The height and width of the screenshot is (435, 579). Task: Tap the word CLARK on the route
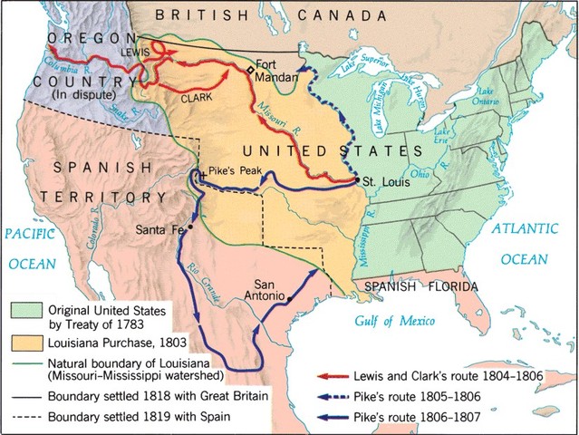coord(197,96)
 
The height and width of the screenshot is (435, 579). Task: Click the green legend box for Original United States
coord(22,309)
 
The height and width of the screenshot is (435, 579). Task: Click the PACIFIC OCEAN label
coord(34,248)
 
